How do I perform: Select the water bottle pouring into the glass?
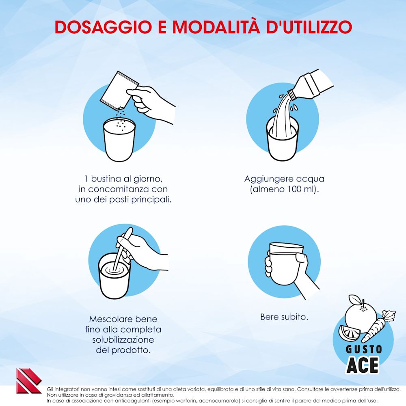coord(311,86)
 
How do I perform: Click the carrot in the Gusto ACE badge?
coord(376,326)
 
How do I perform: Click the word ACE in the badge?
coord(362,364)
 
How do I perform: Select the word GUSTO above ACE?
coord(364,349)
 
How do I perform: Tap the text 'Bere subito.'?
coord(284,317)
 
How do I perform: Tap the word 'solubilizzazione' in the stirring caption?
coord(123,339)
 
